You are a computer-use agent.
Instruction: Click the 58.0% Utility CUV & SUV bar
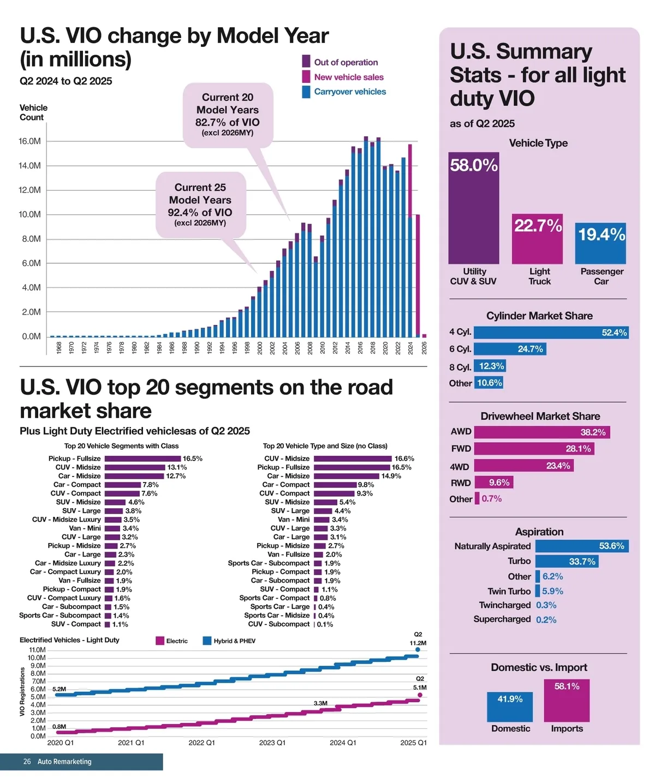pyautogui.click(x=473, y=208)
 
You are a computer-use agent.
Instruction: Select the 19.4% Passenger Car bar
pyautogui.click(x=600, y=243)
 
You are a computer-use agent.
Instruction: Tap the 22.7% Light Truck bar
pyautogui.click(x=537, y=239)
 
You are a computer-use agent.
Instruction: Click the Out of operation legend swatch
pyautogui.click(x=306, y=62)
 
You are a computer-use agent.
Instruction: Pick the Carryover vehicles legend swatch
pyautogui.click(x=306, y=92)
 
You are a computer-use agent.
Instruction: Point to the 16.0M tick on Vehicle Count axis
pyautogui.click(x=29, y=141)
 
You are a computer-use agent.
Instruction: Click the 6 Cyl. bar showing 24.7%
pyautogui.click(x=510, y=349)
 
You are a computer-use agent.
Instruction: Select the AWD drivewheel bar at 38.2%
pyautogui.click(x=541, y=432)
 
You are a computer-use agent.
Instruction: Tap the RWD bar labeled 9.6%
pyautogui.click(x=493, y=483)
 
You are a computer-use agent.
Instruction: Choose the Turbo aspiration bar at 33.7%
pyautogui.click(x=567, y=562)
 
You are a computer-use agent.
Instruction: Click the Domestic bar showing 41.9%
pyautogui.click(x=510, y=707)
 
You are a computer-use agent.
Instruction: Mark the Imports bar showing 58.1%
pyautogui.click(x=567, y=700)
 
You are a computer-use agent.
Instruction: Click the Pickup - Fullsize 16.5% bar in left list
pyautogui.click(x=142, y=459)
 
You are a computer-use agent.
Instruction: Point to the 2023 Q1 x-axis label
pyautogui.click(x=272, y=743)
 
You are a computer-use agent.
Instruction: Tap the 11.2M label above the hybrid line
pyautogui.click(x=418, y=643)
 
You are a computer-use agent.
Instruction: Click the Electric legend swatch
pyautogui.click(x=160, y=641)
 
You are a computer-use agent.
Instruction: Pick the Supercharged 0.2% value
pyautogui.click(x=546, y=620)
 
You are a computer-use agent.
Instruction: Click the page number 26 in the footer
pyautogui.click(x=27, y=762)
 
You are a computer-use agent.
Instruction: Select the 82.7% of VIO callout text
pyautogui.click(x=228, y=123)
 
